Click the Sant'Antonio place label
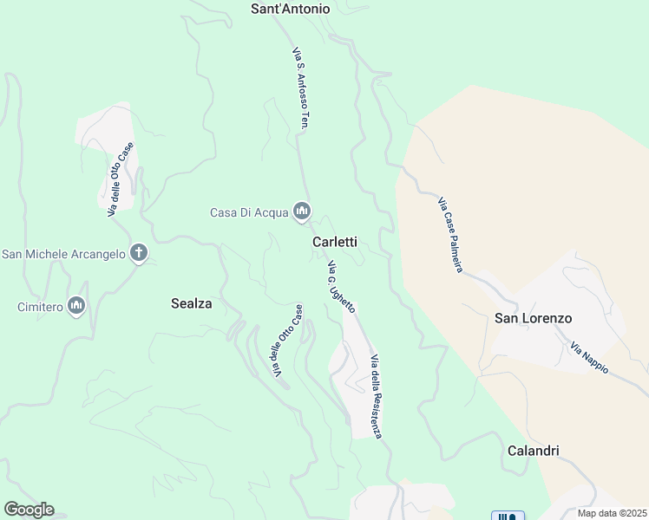pos(290,9)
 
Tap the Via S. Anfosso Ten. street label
pos(300,87)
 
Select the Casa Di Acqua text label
pos(249,212)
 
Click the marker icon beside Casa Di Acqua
pos(302,211)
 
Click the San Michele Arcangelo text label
pos(63,254)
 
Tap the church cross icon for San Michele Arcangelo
pos(138,253)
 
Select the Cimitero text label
pos(40,307)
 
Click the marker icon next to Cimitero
pos(76,306)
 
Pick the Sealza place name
pos(192,303)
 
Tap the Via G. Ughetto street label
pos(340,286)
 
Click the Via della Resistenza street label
pos(376,396)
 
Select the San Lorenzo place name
pos(533,318)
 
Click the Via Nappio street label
pos(590,358)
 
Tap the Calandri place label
pos(532,451)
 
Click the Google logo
pos(29,510)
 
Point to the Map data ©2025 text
pos(612,513)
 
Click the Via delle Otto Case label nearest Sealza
pos(287,341)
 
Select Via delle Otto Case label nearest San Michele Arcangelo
pos(121,179)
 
